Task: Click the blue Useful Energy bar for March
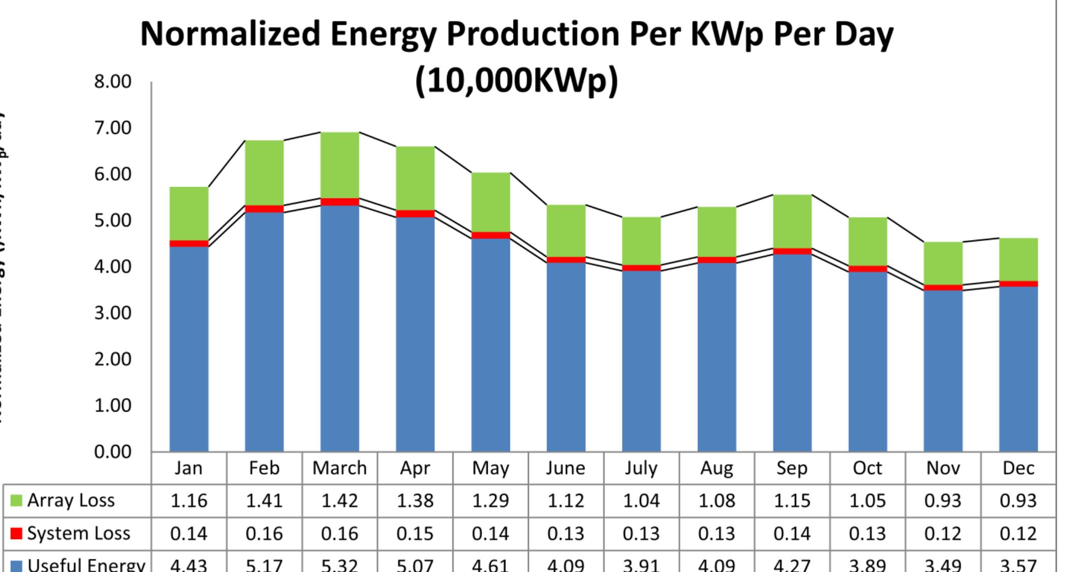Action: (x=339, y=328)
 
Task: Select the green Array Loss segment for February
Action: (x=264, y=173)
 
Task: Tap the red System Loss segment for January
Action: (x=189, y=244)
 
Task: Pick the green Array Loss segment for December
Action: (x=1018, y=259)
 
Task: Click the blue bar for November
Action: (x=943, y=371)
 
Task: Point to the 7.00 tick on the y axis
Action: (x=113, y=128)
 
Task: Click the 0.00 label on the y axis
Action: (x=113, y=452)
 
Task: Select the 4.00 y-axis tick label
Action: (x=113, y=266)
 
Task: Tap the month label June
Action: (x=565, y=468)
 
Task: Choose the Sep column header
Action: (x=792, y=468)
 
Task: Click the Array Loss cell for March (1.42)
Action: (x=339, y=501)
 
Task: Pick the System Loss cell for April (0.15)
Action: (x=415, y=533)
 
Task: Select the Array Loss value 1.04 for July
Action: (x=641, y=501)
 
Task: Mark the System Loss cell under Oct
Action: (x=867, y=533)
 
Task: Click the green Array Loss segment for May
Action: (x=490, y=202)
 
